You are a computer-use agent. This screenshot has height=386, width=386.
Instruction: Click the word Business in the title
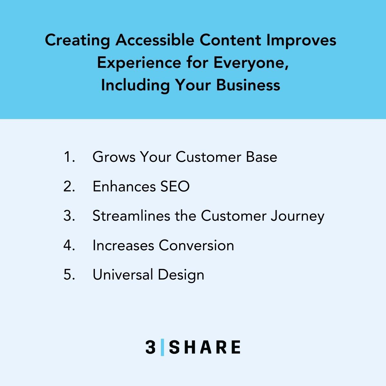tap(248, 85)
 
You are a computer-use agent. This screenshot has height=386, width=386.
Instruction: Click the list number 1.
tap(69, 157)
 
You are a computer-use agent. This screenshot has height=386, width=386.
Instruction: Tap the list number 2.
tap(69, 187)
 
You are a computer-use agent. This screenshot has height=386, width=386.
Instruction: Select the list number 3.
tap(69, 216)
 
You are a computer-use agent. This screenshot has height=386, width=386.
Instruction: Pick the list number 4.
tap(69, 245)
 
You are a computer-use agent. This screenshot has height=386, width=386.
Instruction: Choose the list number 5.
tap(69, 275)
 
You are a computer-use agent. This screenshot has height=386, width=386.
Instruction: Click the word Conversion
tap(196, 245)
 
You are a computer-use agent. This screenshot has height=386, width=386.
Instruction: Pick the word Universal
tap(123, 275)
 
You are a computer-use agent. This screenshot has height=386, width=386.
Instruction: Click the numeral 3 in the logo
tap(151, 347)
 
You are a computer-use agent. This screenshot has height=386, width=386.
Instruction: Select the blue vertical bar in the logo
tap(162, 347)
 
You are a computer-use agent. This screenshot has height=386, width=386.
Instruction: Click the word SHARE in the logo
tap(205, 347)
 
